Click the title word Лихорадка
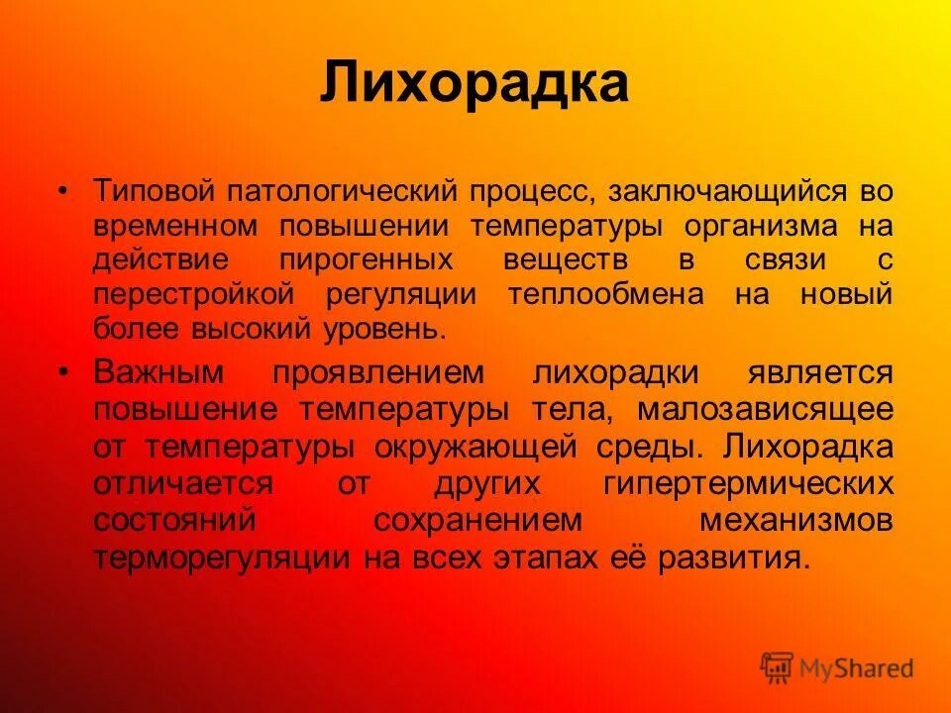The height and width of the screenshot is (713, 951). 474,83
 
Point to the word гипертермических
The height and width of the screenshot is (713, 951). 748,483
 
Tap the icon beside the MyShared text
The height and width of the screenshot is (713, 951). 777,668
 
